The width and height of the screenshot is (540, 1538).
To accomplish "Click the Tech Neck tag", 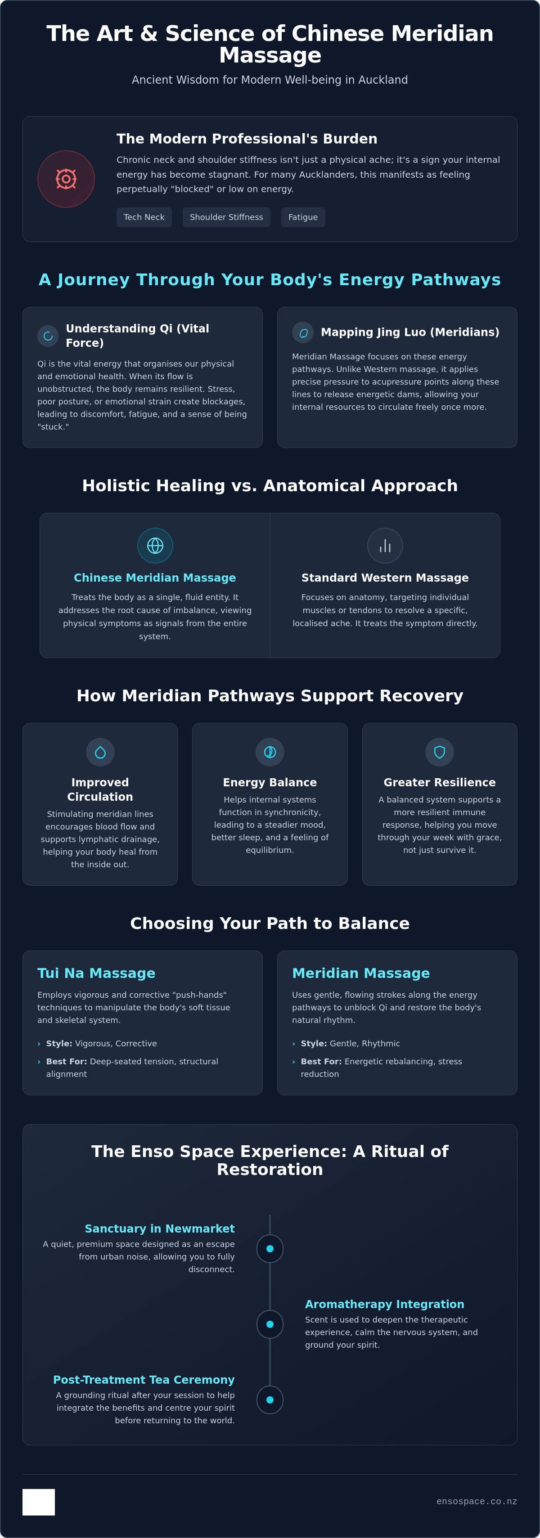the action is [x=144, y=217].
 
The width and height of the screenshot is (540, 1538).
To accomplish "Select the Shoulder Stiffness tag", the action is [x=226, y=217].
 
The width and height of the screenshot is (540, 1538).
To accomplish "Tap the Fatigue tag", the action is [x=303, y=217].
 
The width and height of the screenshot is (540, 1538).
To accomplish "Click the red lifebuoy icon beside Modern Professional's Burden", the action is [x=66, y=179].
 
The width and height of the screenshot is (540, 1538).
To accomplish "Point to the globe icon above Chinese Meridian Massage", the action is [x=155, y=546].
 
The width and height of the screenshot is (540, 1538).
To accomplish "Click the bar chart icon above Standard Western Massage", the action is [x=385, y=546].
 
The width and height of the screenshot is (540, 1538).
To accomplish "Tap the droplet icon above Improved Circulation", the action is [x=100, y=752].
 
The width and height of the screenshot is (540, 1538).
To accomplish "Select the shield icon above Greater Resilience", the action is [x=440, y=752].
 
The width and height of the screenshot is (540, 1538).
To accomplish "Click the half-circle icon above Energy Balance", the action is [x=270, y=752].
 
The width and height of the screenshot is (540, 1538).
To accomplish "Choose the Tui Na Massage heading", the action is [x=96, y=973].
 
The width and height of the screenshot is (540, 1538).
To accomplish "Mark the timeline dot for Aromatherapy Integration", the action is [x=270, y=1324].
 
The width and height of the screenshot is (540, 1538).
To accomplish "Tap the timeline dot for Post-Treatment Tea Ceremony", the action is [x=270, y=1399].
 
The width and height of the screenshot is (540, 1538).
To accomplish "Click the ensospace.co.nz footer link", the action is [x=477, y=1502].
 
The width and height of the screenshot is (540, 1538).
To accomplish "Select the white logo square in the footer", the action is [x=39, y=1502].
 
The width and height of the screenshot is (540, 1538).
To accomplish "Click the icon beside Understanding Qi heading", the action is [x=48, y=336].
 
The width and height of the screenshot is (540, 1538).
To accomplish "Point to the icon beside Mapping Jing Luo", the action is [x=303, y=332].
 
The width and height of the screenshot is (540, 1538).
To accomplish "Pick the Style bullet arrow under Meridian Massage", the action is [x=294, y=1044].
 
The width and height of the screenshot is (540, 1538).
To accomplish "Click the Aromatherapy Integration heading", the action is [x=385, y=1305].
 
